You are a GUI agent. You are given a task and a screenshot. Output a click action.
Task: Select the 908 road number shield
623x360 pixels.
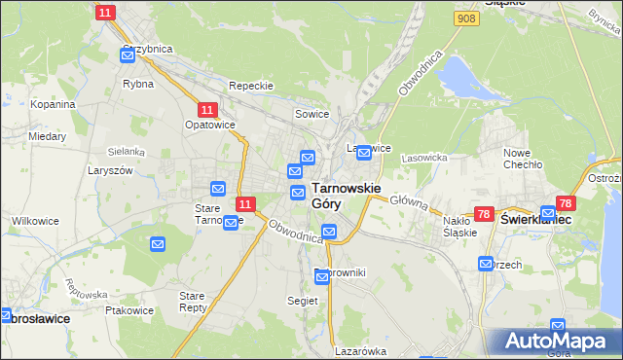(465, 18)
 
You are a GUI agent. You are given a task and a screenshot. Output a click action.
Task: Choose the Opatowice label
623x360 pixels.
(206, 126)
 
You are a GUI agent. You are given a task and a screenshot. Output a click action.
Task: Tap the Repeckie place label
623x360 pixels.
(250, 86)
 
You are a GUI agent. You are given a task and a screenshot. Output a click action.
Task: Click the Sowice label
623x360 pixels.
(312, 115)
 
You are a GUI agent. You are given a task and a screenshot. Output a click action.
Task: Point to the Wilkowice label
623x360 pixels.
(35, 221)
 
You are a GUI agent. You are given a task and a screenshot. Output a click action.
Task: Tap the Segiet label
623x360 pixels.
(303, 302)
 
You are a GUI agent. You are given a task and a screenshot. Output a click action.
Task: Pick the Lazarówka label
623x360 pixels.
(360, 351)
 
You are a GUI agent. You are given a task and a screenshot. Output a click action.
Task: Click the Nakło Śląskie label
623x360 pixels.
(459, 227)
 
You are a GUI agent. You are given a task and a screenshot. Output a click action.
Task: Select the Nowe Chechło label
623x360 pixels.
(522, 159)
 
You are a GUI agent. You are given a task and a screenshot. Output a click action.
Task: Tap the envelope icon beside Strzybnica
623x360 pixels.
(128, 55)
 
